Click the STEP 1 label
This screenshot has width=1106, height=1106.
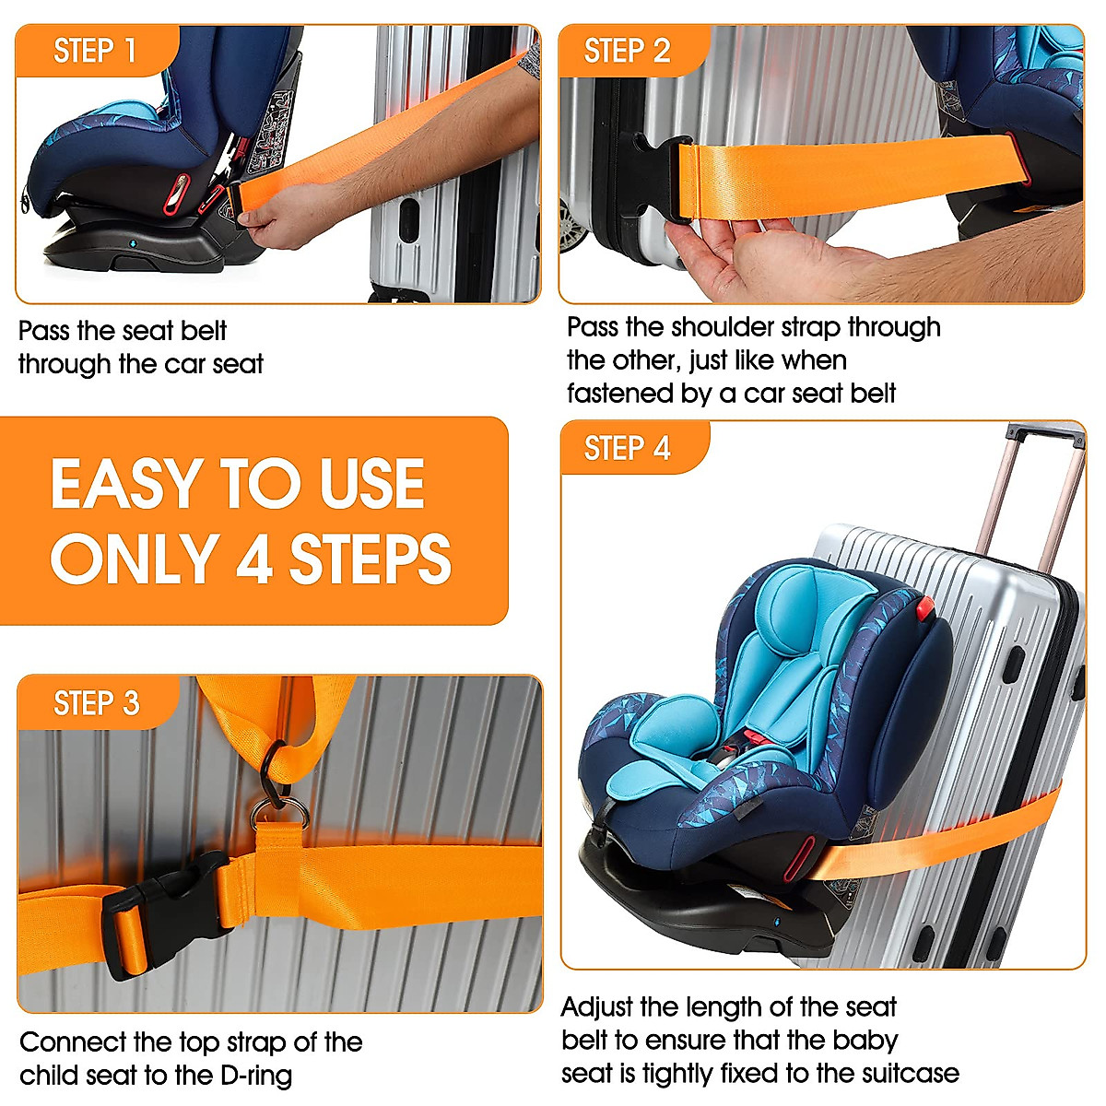(x=95, y=51)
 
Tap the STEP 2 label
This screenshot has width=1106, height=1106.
(x=627, y=51)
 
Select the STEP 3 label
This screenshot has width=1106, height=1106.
(x=97, y=703)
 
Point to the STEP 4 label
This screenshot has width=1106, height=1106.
(x=627, y=449)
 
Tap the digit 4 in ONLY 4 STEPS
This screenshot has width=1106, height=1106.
(x=253, y=559)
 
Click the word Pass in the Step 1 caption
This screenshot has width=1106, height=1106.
(x=43, y=331)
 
